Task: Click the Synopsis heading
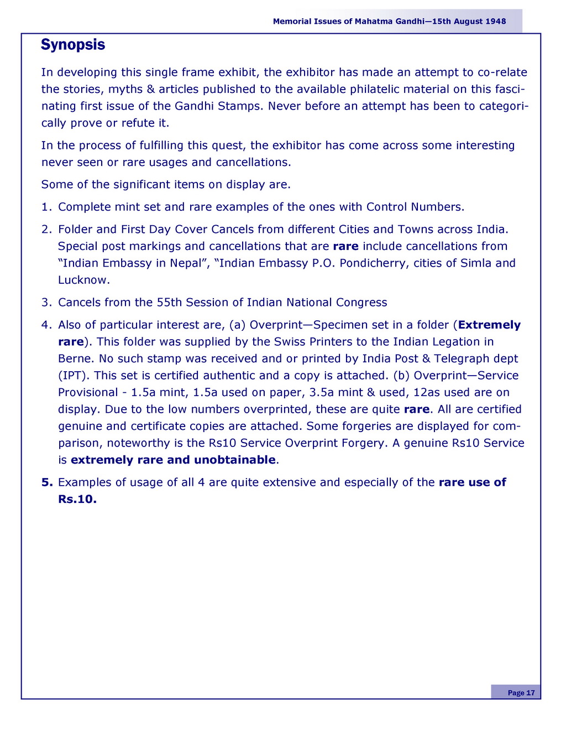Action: (73, 45)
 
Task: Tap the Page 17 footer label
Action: (521, 693)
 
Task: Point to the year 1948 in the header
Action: (496, 22)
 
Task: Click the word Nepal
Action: (186, 263)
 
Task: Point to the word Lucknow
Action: (83, 280)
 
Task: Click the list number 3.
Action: (46, 303)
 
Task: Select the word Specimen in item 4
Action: (338, 325)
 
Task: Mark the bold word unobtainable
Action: (234, 460)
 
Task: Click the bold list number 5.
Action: (46, 482)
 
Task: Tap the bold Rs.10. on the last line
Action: (77, 500)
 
